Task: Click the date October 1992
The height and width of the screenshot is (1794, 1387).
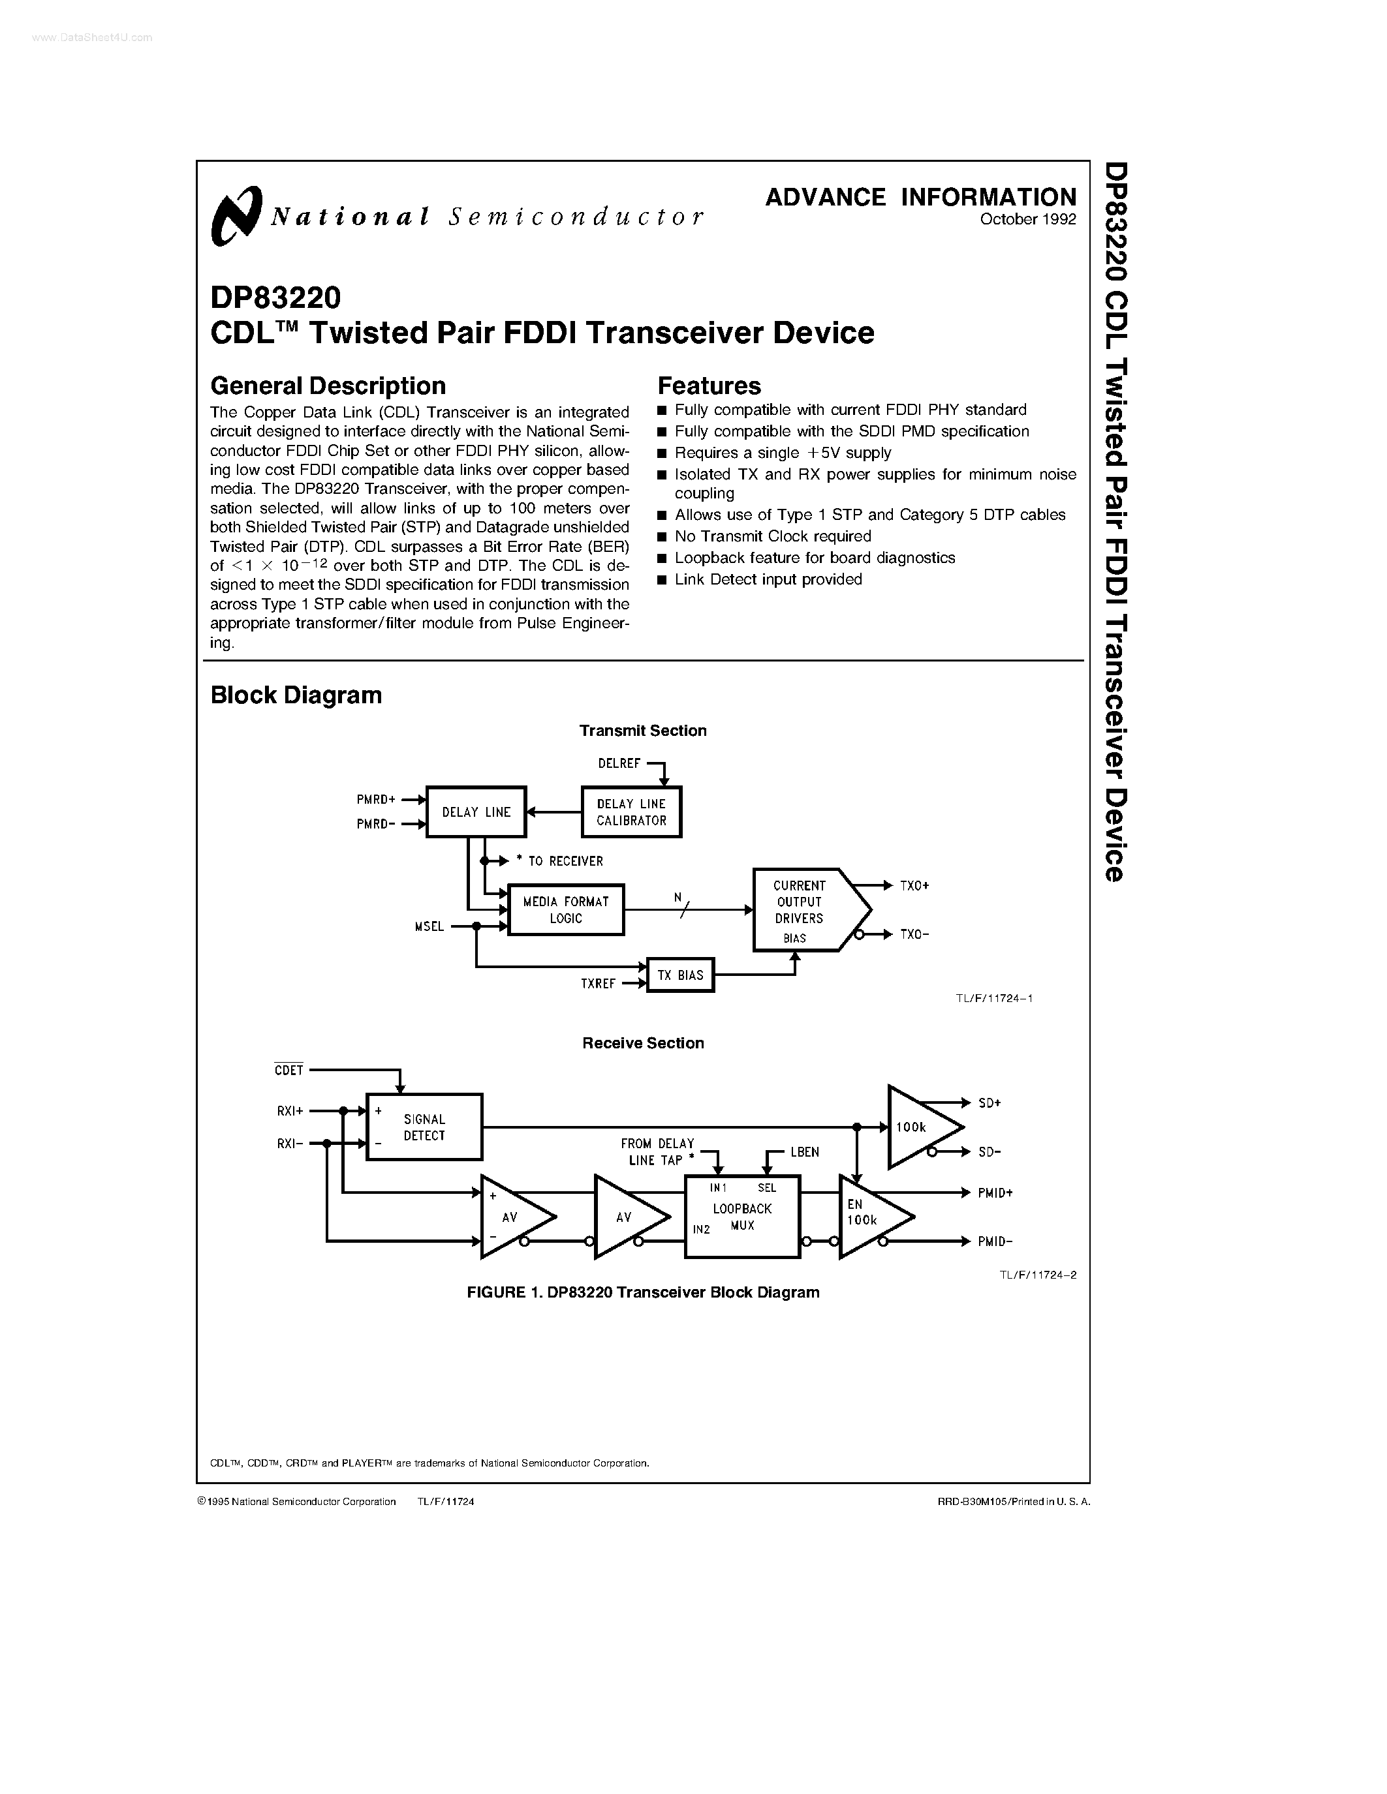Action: (1027, 219)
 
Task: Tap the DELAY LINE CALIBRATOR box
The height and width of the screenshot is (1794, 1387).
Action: (631, 812)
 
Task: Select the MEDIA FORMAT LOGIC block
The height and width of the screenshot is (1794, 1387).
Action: (565, 909)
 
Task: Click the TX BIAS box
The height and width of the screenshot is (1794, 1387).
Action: (679, 975)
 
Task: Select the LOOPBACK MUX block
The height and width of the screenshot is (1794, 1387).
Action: (742, 1217)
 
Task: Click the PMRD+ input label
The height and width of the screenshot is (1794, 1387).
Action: (375, 799)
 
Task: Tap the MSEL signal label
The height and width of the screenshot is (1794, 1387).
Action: (429, 926)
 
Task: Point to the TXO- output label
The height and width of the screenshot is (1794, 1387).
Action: (914, 935)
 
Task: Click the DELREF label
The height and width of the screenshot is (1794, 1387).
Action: (619, 764)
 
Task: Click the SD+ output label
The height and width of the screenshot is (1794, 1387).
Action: (990, 1103)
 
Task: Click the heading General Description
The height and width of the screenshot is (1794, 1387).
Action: (328, 386)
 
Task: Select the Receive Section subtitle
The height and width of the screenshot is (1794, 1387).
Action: (642, 1043)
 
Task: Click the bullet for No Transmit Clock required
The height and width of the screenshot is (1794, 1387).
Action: (662, 537)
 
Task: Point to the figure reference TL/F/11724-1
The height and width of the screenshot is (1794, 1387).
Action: (993, 998)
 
